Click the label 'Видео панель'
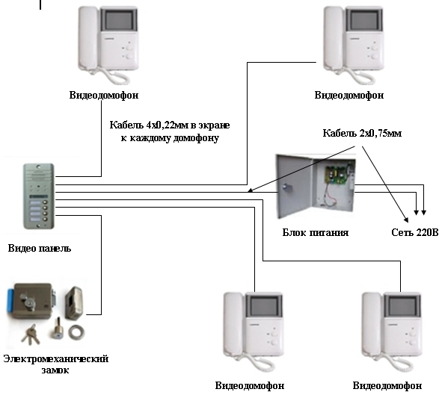coord(40,248)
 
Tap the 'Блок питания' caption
coord(316,232)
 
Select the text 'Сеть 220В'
coord(415,232)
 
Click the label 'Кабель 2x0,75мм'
coord(362,133)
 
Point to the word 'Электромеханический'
coord(56,359)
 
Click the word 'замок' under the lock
coord(55,370)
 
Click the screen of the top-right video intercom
coord(364,20)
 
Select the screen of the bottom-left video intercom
coord(265,306)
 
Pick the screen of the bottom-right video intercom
coord(402,306)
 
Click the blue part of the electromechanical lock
coord(11,300)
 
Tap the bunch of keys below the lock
coord(30,335)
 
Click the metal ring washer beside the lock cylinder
coord(76,332)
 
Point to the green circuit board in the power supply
coord(337,176)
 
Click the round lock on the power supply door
coord(286,188)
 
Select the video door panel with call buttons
coord(39,196)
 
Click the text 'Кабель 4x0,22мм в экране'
coord(170,125)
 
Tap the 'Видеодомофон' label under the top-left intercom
coord(104,95)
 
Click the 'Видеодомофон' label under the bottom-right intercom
coord(387,385)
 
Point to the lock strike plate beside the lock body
coord(74,303)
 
